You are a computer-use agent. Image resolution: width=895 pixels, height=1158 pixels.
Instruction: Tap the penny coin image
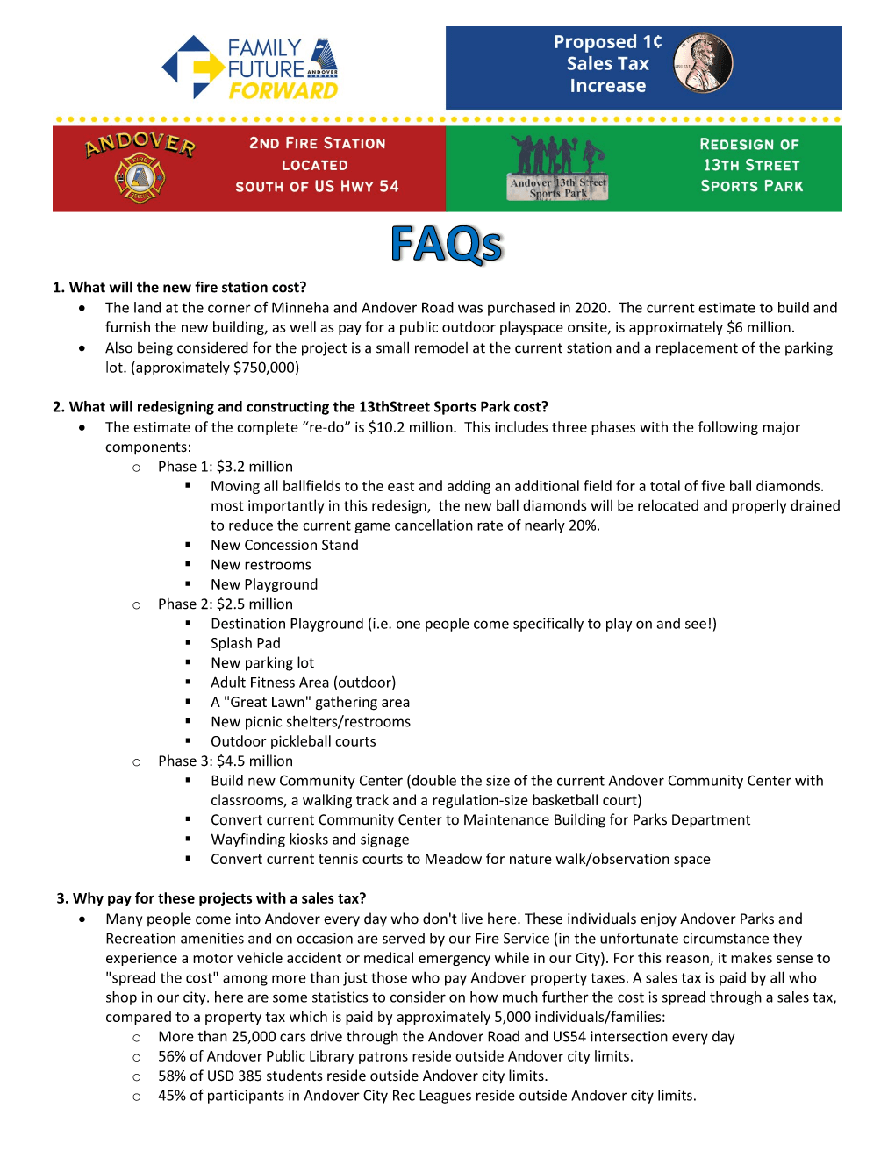click(x=703, y=64)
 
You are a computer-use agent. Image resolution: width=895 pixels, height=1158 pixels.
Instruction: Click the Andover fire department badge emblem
click(x=140, y=177)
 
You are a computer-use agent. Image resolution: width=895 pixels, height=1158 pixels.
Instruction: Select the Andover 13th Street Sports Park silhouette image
click(x=558, y=168)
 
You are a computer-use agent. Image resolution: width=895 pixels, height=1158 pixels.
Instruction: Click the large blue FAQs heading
click(x=447, y=245)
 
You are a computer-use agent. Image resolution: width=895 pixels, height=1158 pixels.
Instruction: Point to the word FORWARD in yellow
click(x=283, y=91)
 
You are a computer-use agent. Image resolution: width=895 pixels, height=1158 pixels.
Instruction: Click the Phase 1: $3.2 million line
click(x=226, y=467)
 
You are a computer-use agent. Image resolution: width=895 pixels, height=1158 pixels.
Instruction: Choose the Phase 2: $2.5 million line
click(x=226, y=604)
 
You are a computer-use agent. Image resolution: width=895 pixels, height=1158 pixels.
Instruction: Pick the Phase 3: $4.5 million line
click(x=226, y=761)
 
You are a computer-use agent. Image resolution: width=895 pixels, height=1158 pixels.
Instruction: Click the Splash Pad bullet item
click(x=246, y=643)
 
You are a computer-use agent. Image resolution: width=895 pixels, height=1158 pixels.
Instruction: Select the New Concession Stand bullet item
click(x=284, y=546)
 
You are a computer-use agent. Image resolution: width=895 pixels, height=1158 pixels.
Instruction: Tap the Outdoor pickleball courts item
click(x=293, y=741)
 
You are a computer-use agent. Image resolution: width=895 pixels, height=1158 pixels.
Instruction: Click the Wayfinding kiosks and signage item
click(x=310, y=840)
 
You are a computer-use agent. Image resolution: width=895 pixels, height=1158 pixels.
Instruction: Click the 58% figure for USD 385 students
click(x=172, y=1076)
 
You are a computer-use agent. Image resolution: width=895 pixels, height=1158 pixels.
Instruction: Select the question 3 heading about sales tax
click(x=211, y=898)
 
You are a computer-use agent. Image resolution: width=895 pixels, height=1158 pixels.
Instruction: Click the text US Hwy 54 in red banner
click(x=356, y=186)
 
